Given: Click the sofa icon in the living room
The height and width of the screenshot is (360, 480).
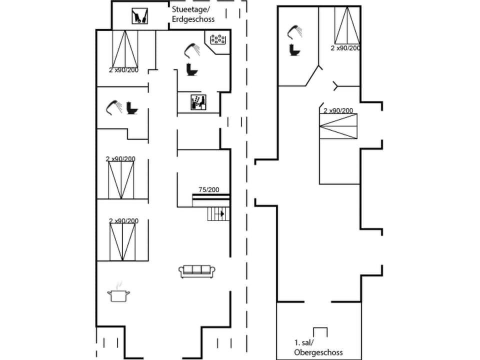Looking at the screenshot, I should click(197, 271).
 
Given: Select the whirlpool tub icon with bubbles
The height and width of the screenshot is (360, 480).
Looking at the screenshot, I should click(218, 39).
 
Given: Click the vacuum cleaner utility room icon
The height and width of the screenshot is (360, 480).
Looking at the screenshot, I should click(139, 16).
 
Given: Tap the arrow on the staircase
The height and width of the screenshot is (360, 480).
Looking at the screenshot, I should click(221, 213).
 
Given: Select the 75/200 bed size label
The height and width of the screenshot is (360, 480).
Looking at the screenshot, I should click(208, 189).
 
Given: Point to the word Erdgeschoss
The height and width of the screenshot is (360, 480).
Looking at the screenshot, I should click(193, 19).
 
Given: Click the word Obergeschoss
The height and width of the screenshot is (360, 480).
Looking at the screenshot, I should click(318, 352).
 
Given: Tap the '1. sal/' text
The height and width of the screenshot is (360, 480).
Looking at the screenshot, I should click(304, 343).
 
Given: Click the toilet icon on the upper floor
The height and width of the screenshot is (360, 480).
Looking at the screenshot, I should click(293, 50).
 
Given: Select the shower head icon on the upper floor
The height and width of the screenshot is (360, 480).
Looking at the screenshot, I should click(294, 32).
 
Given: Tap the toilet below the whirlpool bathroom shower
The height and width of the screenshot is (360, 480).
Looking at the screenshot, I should click(190, 69).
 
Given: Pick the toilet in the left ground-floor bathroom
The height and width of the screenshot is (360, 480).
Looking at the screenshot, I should click(132, 107).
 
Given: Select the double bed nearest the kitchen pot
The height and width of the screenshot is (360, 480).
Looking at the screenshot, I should click(122, 241).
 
